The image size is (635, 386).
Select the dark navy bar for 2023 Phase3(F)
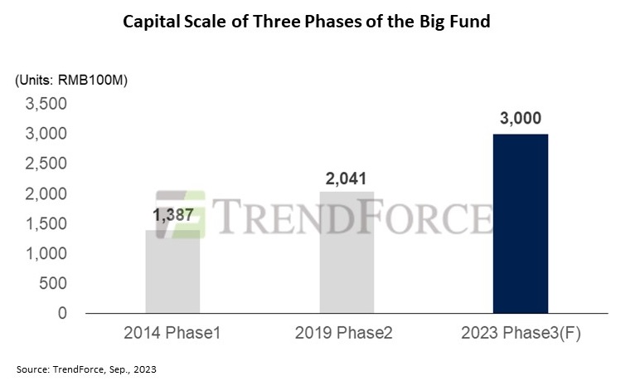520,223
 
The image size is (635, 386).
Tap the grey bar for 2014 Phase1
172,274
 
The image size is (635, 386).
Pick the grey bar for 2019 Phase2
347,257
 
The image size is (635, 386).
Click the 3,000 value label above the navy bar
520,118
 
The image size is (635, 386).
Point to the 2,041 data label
347,177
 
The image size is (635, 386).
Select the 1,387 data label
172,214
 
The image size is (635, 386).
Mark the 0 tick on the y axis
61,313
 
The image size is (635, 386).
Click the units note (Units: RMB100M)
70,80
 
